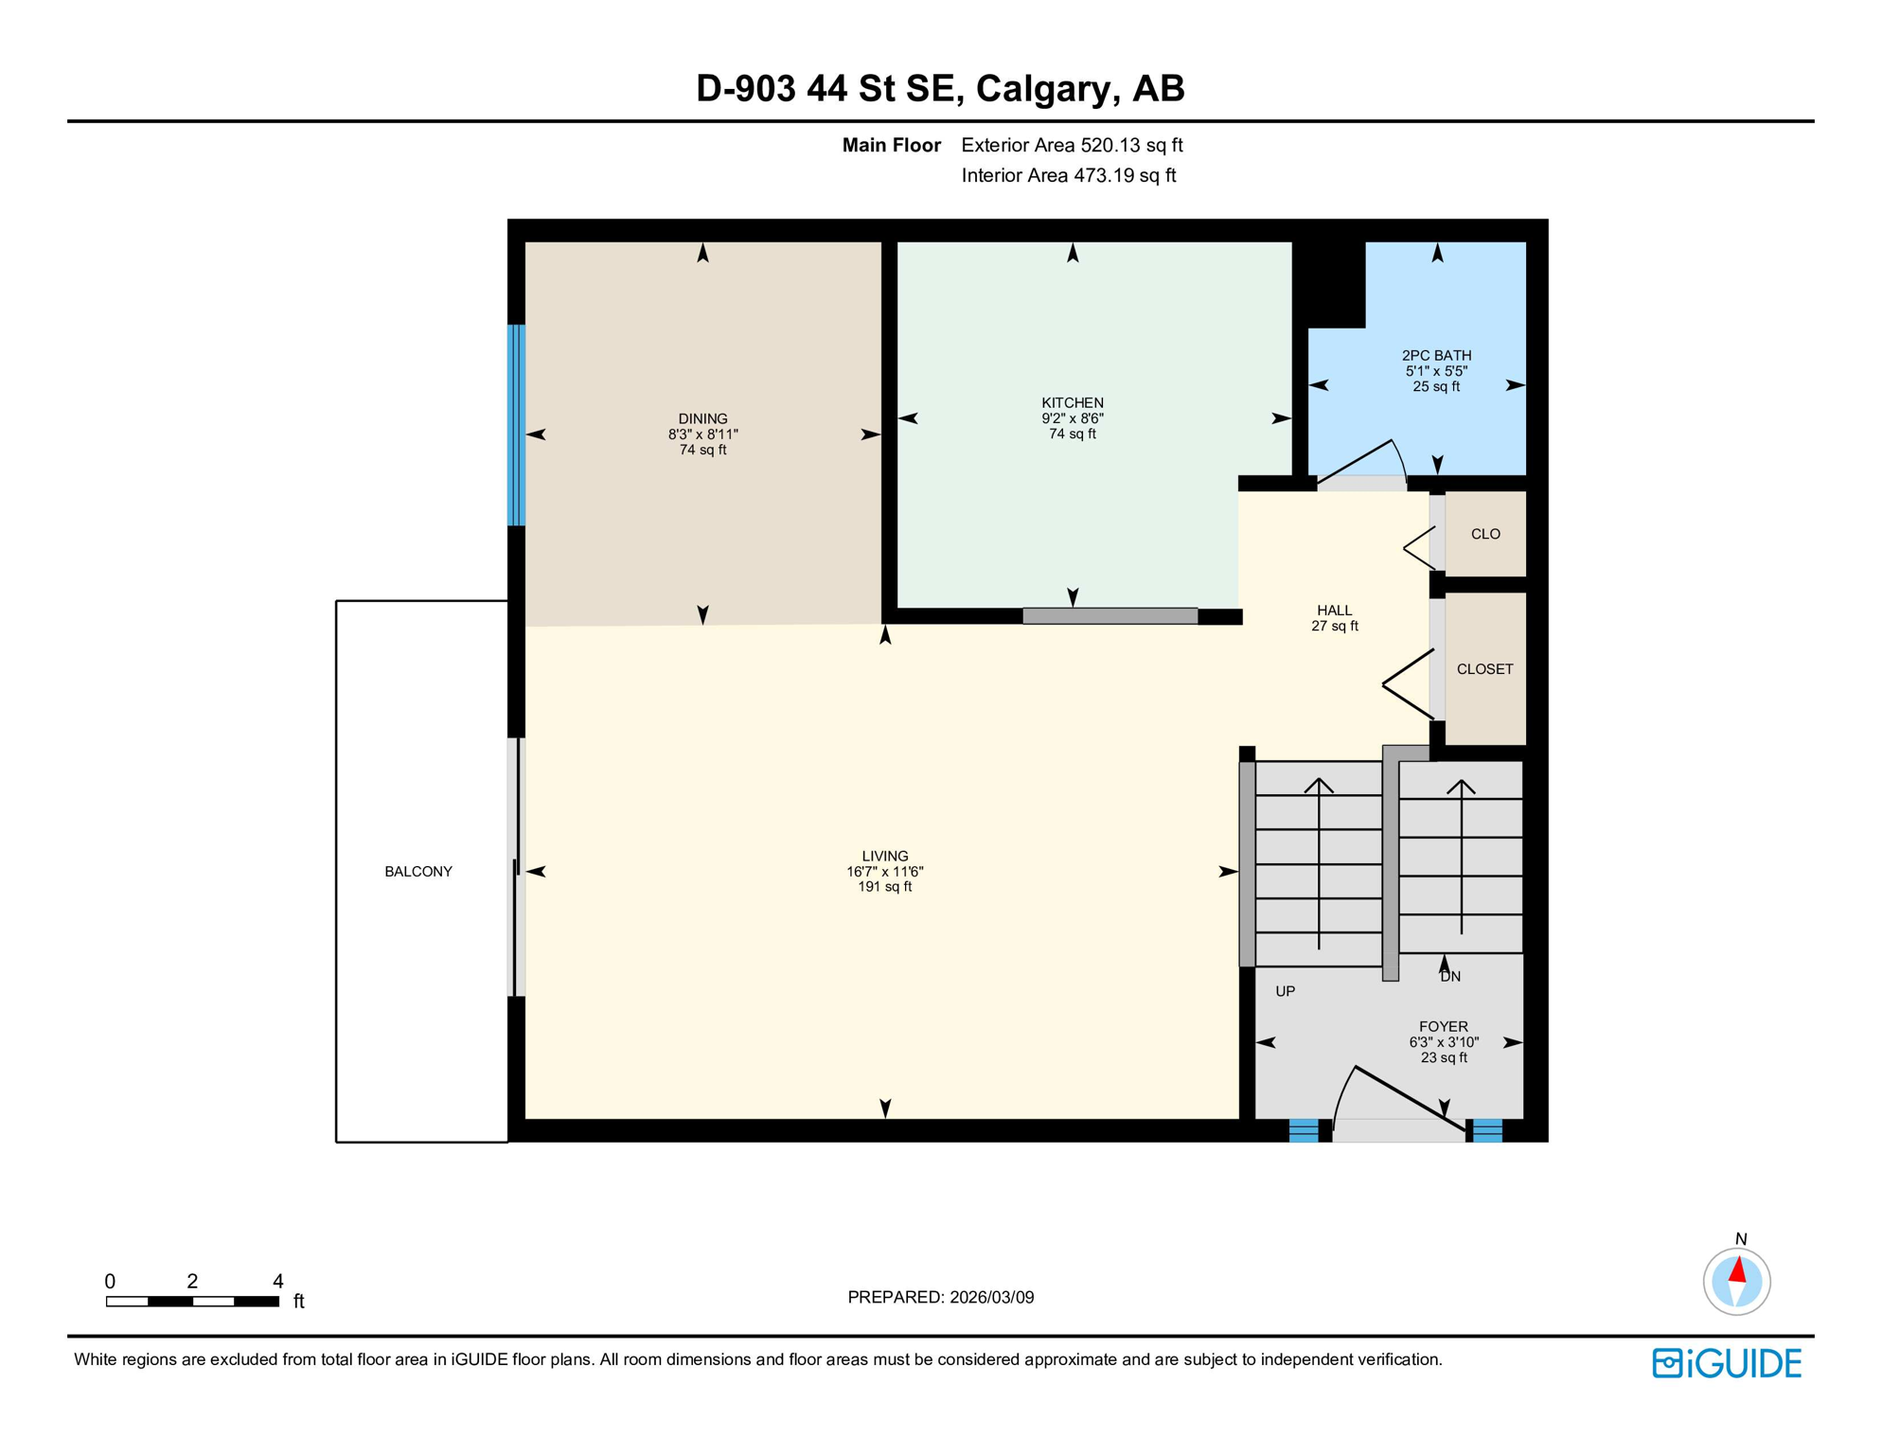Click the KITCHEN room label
[1072, 402]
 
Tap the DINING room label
[702, 418]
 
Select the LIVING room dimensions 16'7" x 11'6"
[884, 872]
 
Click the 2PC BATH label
[1436, 356]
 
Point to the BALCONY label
[417, 872]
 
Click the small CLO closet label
[1484, 534]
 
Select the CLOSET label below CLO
[1483, 669]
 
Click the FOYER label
[1443, 1027]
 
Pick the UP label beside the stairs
[1285, 991]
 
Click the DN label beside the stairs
[1450, 977]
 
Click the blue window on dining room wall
[516, 425]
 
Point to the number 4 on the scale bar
[277, 1282]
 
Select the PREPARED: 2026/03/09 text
[940, 1297]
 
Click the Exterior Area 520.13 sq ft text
[1072, 145]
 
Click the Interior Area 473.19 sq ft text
[1068, 175]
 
